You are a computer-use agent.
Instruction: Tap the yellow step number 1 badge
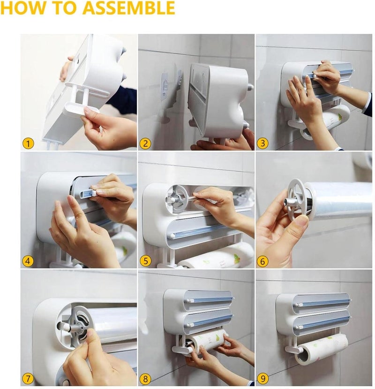[x=29, y=143]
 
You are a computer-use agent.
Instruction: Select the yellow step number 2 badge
[x=146, y=143]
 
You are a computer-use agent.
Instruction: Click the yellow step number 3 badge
[x=263, y=143]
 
